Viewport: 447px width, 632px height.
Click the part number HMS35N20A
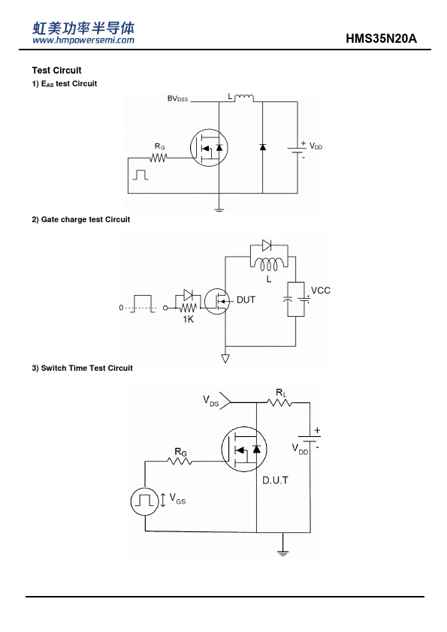coord(381,39)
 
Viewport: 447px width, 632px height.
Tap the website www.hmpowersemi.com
coord(83,40)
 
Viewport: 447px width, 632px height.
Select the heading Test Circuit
coord(56,71)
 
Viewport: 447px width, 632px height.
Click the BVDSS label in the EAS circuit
coord(177,99)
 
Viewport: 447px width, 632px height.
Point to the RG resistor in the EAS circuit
coord(159,158)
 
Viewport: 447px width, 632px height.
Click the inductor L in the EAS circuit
coord(244,98)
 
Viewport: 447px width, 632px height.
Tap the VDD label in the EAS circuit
coord(316,146)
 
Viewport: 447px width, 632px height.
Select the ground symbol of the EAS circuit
coord(219,209)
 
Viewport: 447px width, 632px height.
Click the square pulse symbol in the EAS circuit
coord(140,175)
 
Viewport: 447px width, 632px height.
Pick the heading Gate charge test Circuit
coord(81,220)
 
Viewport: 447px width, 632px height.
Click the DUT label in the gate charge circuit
coord(246,300)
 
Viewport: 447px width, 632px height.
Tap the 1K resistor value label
coord(189,319)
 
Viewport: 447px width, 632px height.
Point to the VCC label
coord(321,290)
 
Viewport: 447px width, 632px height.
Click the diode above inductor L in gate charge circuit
coord(267,245)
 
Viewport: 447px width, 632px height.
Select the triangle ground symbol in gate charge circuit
coord(225,358)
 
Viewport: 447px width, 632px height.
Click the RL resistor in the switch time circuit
coord(279,402)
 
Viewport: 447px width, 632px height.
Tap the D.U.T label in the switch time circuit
coord(276,480)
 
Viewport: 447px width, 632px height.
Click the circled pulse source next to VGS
coord(144,501)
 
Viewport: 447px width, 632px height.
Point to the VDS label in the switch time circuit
coord(211,401)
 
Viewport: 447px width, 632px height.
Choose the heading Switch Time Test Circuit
coord(83,368)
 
